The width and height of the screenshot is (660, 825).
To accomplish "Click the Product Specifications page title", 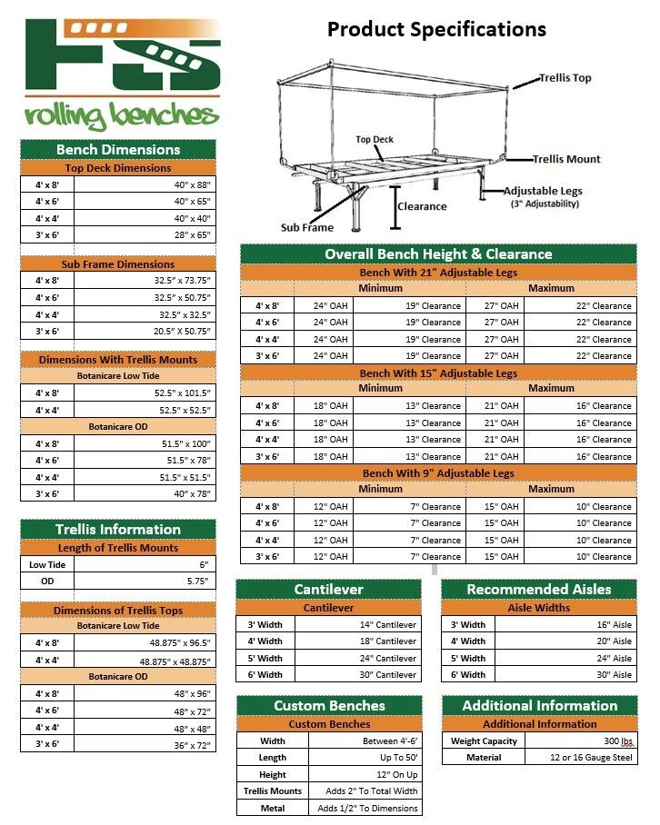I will [436, 29].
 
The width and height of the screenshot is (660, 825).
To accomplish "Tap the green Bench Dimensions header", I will [118, 149].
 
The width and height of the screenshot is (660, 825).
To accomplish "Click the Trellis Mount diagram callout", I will [566, 159].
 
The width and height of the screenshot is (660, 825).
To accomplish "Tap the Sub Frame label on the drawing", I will [306, 227].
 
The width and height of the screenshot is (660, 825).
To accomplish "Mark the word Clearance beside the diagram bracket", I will [423, 206].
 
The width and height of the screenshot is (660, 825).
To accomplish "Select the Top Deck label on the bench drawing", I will [375, 140].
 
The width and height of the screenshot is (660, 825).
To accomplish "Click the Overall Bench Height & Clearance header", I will [438, 254].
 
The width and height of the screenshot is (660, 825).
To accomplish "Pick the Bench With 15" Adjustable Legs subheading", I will [438, 373].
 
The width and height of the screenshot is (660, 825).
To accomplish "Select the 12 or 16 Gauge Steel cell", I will [591, 758].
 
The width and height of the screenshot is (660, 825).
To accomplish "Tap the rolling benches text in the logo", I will [122, 116].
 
